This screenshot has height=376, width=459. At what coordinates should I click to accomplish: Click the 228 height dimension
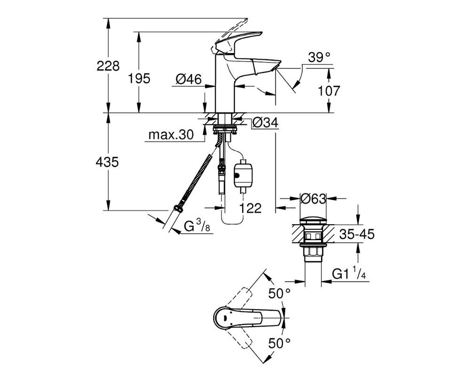pyautogui.click(x=108, y=66)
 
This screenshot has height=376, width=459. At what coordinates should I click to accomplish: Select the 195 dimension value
pyautogui.click(x=139, y=78)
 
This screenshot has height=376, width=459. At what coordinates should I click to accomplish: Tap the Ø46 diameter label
pyautogui.click(x=189, y=79)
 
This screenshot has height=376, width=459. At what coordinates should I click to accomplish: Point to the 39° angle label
pyautogui.click(x=319, y=57)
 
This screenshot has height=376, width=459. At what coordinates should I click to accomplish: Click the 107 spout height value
pyautogui.click(x=329, y=91)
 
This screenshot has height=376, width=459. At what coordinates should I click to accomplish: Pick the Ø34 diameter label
pyautogui.click(x=265, y=123)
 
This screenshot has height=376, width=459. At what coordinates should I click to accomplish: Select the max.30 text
pyautogui.click(x=171, y=135)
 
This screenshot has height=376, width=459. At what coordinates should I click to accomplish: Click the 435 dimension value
pyautogui.click(x=107, y=162)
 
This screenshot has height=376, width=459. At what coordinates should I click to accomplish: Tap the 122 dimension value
pyautogui.click(x=250, y=208)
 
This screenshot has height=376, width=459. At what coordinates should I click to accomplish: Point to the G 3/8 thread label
pyautogui.click(x=197, y=226)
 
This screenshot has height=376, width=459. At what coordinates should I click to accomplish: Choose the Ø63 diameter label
pyautogui.click(x=313, y=199)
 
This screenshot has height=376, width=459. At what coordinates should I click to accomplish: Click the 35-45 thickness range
pyautogui.click(x=357, y=234)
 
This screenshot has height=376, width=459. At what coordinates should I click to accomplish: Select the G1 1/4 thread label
pyautogui.click(x=349, y=274)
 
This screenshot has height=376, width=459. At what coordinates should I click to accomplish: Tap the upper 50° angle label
pyautogui.click(x=280, y=293)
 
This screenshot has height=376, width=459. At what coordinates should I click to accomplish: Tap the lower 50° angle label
pyautogui.click(x=280, y=343)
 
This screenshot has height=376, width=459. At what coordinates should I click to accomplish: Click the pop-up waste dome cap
pyautogui.click(x=313, y=221)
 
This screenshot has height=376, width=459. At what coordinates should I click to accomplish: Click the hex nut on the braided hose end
pyautogui.click(x=178, y=208)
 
